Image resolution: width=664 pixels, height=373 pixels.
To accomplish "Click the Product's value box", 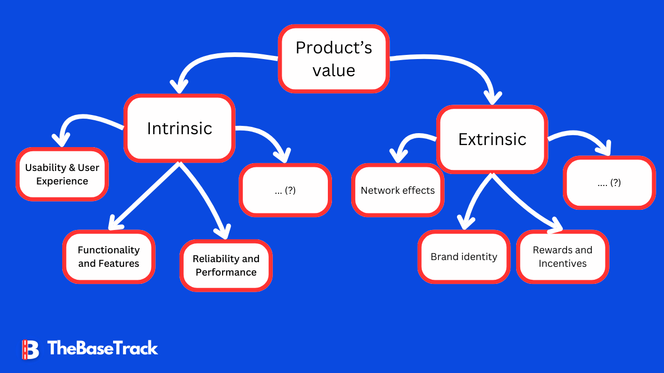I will click(334, 59).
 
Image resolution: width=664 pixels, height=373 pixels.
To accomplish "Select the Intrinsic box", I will click(179, 128).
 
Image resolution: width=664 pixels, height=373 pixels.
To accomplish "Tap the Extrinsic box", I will click(492, 139).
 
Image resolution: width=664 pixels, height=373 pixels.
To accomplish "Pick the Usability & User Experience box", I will click(62, 175).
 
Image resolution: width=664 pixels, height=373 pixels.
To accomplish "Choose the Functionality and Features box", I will click(109, 256).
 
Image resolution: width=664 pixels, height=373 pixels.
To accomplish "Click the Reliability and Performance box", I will click(226, 265).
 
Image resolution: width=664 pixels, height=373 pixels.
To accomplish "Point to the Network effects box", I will click(398, 191).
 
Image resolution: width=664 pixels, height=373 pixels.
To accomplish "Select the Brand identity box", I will click(464, 257).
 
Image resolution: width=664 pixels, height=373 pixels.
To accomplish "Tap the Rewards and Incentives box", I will click(562, 256).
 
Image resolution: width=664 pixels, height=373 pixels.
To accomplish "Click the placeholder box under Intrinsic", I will click(285, 190).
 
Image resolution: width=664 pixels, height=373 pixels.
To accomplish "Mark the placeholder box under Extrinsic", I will click(609, 182).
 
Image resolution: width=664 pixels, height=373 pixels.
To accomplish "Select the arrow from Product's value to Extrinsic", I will click(457, 65).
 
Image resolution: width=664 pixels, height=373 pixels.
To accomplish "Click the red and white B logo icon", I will click(30, 349).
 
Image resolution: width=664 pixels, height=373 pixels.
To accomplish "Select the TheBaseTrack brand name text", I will click(102, 348).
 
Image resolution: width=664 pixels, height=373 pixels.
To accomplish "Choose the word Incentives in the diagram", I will click(562, 264).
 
